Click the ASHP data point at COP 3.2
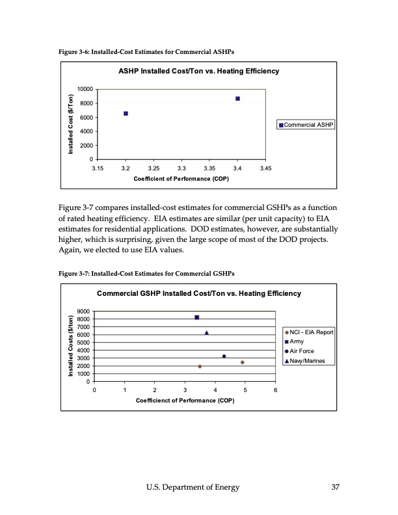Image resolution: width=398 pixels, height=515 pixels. tap(126, 113)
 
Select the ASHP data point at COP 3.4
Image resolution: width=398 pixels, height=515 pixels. tap(237, 98)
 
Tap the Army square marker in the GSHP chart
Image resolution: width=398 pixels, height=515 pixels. tap(196, 317)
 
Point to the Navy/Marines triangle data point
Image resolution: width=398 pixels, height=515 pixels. tap(206, 332)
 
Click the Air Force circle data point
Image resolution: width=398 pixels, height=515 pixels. tap(224, 356)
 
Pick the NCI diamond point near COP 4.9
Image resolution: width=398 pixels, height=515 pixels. tap(242, 362)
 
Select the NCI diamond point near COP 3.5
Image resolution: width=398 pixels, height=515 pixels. tap(200, 366)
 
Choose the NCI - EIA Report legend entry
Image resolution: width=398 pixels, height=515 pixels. tap(309, 332)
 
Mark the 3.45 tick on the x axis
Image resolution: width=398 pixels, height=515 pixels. tap(265, 169)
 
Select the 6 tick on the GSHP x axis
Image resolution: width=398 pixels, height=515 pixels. tap(275, 391)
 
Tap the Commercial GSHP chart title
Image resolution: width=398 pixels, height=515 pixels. tap(199, 294)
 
